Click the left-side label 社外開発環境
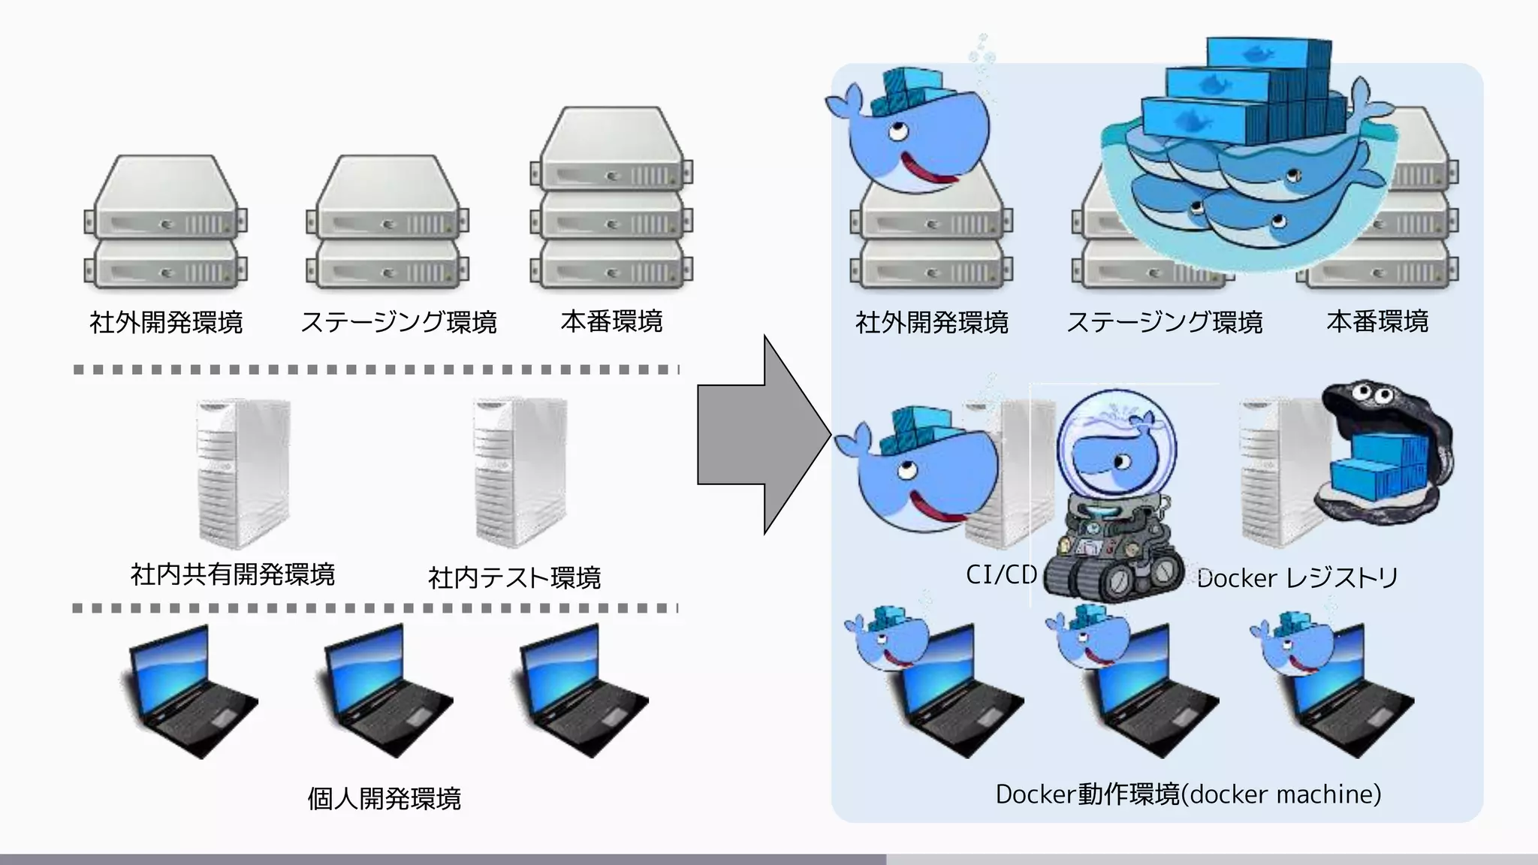[166, 322]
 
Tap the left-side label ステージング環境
[399, 322]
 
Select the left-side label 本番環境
[611, 321]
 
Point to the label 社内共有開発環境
[233, 574]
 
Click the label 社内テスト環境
[514, 577]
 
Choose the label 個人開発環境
[384, 798]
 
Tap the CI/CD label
[1001, 574]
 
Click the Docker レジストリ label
[1297, 577]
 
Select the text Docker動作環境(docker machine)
[1188, 794]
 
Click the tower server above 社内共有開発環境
[243, 473]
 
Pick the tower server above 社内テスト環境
[520, 473]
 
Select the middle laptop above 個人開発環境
[387, 691]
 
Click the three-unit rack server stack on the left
[611, 199]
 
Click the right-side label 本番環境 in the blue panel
[1377, 321]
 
